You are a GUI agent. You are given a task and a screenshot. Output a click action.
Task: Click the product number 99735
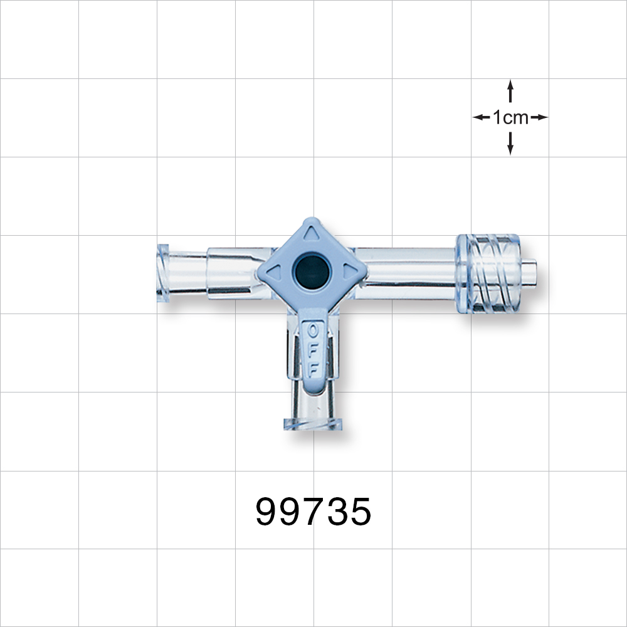pyautogui.click(x=313, y=512)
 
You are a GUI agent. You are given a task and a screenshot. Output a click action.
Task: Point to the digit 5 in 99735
pyautogui.click(x=360, y=512)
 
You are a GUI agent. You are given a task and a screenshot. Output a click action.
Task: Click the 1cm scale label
pyautogui.click(x=510, y=117)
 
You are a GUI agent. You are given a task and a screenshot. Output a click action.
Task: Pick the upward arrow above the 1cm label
pyautogui.click(x=510, y=88)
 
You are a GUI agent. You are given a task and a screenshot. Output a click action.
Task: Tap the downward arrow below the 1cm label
pyautogui.click(x=510, y=147)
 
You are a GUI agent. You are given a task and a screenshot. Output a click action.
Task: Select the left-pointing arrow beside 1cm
pyautogui.click(x=480, y=117)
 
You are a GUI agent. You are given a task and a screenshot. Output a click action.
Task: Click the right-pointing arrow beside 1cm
pyautogui.click(x=540, y=117)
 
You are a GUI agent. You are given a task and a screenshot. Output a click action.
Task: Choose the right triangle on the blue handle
pyautogui.click(x=347, y=271)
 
